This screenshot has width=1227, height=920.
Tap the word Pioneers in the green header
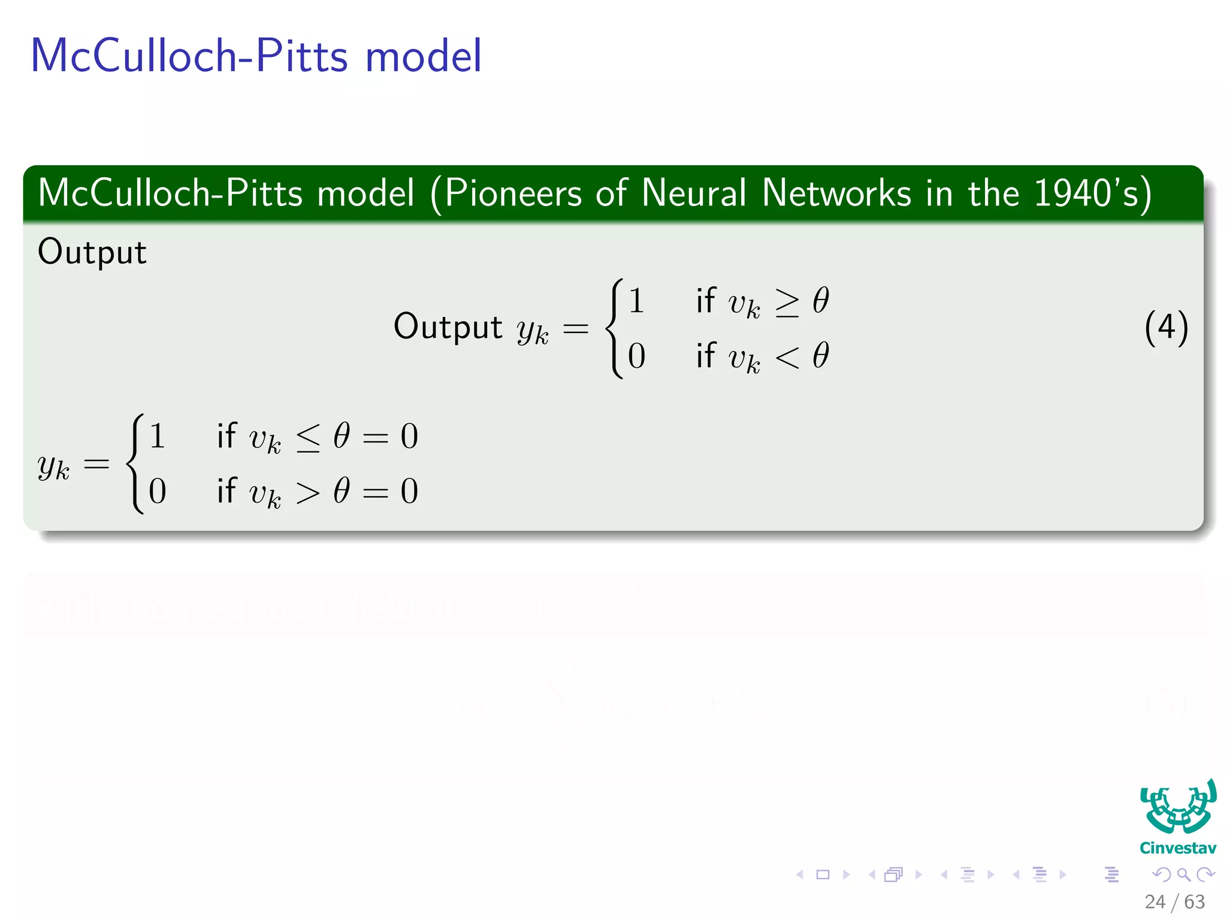pyautogui.click(x=513, y=193)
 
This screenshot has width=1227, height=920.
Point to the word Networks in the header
pyautogui.click(x=836, y=193)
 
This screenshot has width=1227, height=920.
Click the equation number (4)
pyautogui.click(x=1166, y=328)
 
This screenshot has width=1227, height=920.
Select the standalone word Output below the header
pyautogui.click(x=92, y=252)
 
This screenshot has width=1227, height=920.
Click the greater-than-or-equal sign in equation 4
pyautogui.click(x=787, y=302)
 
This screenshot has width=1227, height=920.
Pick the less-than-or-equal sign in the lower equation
pyautogui.click(x=309, y=438)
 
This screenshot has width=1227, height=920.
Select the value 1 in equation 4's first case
pyautogui.click(x=636, y=301)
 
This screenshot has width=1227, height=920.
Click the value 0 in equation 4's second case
pyautogui.click(x=636, y=356)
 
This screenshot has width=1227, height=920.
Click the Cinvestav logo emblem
pyautogui.click(x=1178, y=807)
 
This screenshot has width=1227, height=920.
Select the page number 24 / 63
pyautogui.click(x=1174, y=901)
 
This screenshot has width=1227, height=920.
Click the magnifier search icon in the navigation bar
pyautogui.click(x=1183, y=874)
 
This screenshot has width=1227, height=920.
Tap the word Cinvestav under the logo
pyautogui.click(x=1178, y=848)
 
